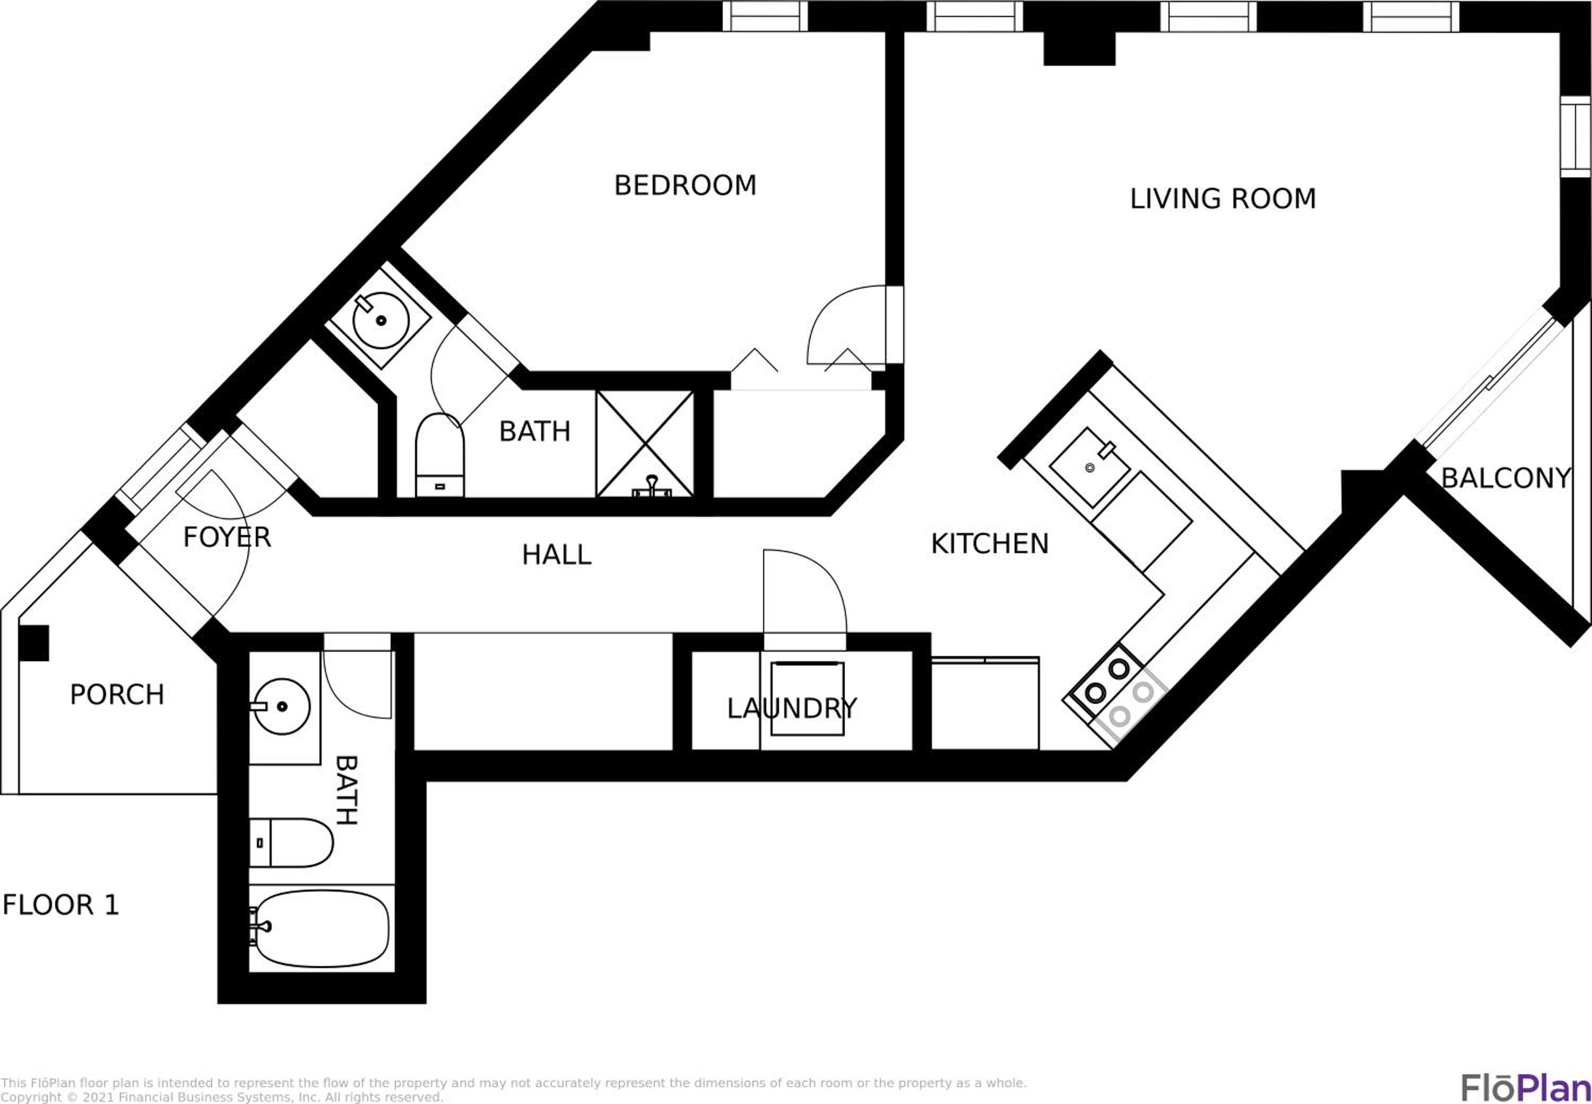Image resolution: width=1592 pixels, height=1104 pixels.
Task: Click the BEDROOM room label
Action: point(685,185)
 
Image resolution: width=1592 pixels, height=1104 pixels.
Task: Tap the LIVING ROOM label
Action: point(1223,199)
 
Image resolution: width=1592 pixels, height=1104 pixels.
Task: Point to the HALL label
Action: point(557,555)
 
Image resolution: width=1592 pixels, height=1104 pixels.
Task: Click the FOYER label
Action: point(227,538)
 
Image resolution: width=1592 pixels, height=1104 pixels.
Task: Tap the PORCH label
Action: point(117,694)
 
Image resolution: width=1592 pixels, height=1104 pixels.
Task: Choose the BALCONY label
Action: point(1506,478)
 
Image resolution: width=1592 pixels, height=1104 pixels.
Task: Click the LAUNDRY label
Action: point(792,709)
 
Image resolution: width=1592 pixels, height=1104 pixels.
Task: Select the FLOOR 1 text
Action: point(61,905)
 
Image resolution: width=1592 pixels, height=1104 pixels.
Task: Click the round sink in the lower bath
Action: point(281,706)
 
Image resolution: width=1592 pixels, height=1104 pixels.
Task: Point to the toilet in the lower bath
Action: point(291,842)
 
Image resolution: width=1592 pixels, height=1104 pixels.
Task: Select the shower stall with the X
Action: point(645,443)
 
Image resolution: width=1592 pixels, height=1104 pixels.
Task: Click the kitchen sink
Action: point(1090,467)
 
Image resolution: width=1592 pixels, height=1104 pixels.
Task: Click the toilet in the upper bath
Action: point(440,455)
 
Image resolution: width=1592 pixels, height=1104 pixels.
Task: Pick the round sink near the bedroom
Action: point(380,320)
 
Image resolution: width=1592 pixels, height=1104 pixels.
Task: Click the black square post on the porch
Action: point(33,643)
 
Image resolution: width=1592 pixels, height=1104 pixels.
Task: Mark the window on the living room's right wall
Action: point(1576,136)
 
